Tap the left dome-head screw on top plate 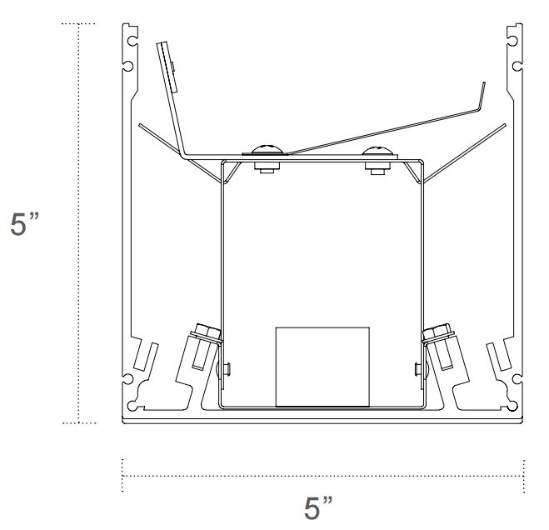265,150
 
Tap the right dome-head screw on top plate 378,152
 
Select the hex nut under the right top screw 378,168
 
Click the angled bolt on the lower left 203,343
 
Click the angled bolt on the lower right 441,343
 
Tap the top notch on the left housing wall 131,37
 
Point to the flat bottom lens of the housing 322,418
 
